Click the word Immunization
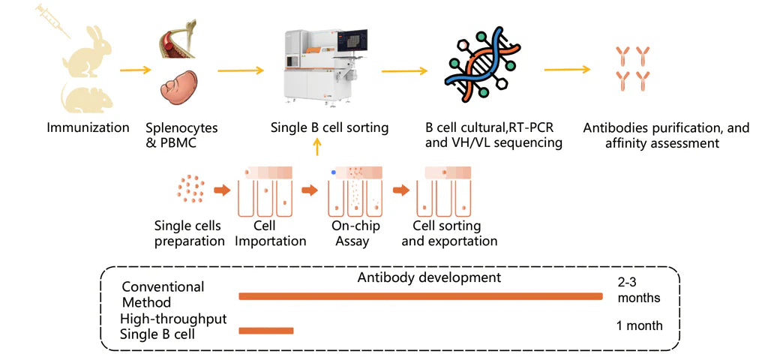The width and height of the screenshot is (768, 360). click(x=88, y=127)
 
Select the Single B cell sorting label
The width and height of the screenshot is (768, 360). click(x=329, y=127)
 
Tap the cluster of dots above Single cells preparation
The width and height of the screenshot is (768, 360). click(x=190, y=189)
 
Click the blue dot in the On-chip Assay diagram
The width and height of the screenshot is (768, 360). click(x=333, y=172)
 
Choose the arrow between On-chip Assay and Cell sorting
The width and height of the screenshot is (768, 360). click(x=403, y=190)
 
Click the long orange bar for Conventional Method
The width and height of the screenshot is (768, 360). click(x=420, y=296)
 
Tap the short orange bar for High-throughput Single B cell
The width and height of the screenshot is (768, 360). click(x=266, y=330)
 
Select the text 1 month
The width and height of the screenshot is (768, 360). click(x=639, y=325)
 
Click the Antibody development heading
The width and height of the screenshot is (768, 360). click(x=428, y=277)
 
